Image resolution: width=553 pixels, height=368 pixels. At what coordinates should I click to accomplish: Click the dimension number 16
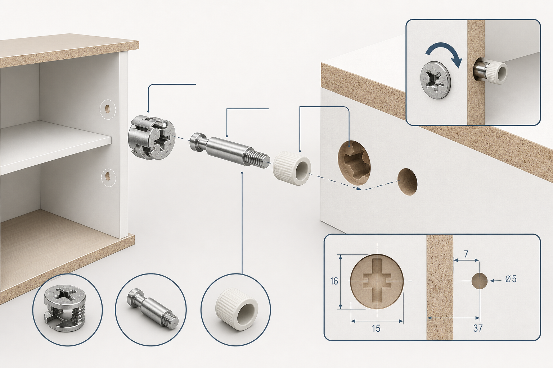pyautogui.click(x=334, y=281)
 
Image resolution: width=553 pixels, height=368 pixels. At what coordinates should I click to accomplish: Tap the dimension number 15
pyautogui.click(x=376, y=328)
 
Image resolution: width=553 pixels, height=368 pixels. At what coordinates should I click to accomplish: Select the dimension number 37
pyautogui.click(x=478, y=328)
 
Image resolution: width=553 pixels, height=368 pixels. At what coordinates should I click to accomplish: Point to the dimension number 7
pyautogui.click(x=466, y=254)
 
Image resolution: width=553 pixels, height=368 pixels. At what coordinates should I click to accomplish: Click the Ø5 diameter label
pyautogui.click(x=511, y=279)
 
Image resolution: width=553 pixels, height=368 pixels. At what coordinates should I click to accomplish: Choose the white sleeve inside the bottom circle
pyautogui.click(x=236, y=309)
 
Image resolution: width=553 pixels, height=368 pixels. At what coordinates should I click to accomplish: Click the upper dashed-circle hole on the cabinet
pyautogui.click(x=108, y=110)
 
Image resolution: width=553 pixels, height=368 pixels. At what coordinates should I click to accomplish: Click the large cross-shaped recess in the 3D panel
pyautogui.click(x=354, y=163)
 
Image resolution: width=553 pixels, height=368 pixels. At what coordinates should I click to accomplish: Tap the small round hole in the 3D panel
pyautogui.click(x=407, y=182)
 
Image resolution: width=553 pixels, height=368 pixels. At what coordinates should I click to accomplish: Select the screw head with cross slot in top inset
pyautogui.click(x=436, y=80)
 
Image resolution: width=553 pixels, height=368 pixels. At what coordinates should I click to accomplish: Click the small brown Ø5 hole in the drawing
pyautogui.click(x=480, y=281)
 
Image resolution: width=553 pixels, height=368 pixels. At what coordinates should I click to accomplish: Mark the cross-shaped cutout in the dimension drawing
pyautogui.click(x=377, y=281)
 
